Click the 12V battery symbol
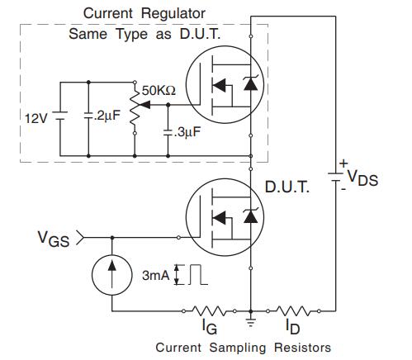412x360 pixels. [60, 116]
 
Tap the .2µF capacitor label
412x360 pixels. [107, 116]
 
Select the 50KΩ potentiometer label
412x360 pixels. [159, 90]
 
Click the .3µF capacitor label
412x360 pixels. [187, 132]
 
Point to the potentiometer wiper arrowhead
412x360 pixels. [144, 105]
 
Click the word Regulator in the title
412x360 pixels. [173, 14]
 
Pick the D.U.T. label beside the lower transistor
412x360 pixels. [287, 187]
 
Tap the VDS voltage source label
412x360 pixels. [362, 178]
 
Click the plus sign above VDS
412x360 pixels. [343, 163]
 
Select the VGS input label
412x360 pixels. [54, 239]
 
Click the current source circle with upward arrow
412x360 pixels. [112, 275]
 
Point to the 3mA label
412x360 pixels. [156, 275]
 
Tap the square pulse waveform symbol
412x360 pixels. [198, 274]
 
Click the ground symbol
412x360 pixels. [250, 321]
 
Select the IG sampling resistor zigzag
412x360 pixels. [209, 311]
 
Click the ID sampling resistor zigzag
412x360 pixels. [293, 311]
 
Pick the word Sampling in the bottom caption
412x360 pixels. [238, 348]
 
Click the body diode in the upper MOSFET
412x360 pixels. [251, 83]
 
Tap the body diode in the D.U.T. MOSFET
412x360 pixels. [251, 216]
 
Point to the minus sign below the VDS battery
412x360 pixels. [343, 189]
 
